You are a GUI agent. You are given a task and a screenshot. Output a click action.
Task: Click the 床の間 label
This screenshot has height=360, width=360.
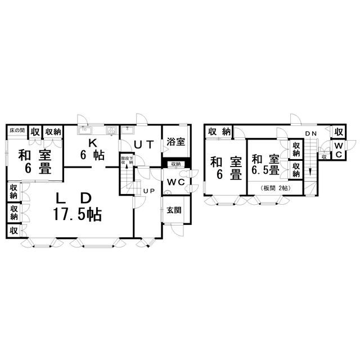pyautogui.click(x=17, y=130)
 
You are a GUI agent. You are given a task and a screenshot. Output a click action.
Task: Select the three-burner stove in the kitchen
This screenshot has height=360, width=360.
pyautogui.click(x=110, y=130)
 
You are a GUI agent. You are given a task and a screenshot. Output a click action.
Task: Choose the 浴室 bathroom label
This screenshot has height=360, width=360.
pyautogui.click(x=175, y=142)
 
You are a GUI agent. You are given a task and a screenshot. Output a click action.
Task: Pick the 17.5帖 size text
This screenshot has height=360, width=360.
pyautogui.click(x=78, y=214)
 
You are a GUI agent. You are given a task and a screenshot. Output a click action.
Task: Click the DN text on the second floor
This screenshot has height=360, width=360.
pyautogui.click(x=310, y=133)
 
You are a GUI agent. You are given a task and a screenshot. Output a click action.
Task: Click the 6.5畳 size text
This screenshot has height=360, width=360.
pyautogui.click(x=266, y=170)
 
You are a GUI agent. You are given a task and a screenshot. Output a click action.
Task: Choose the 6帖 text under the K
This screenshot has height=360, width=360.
pyautogui.click(x=92, y=156)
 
